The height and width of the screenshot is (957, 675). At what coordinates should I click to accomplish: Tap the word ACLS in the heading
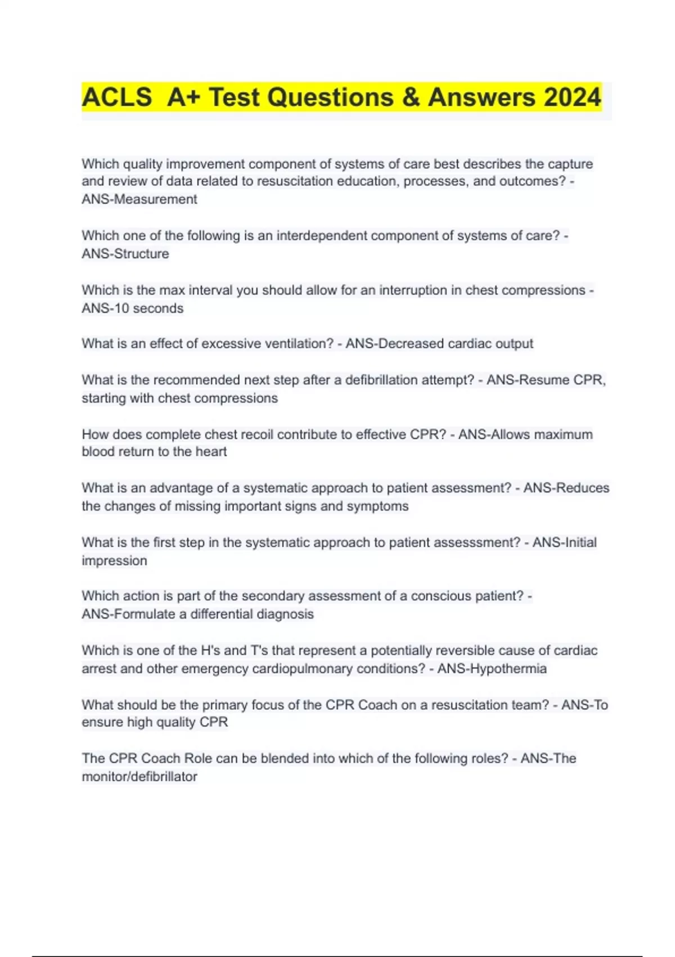click(x=117, y=97)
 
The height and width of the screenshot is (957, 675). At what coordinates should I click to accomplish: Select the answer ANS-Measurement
click(x=139, y=199)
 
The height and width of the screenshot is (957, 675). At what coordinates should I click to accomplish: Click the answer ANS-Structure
click(x=125, y=254)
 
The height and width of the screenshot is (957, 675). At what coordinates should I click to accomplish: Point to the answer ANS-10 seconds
click(x=133, y=308)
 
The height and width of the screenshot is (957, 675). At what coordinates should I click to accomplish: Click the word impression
click(x=114, y=561)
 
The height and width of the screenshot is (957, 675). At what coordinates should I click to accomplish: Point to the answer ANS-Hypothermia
click(x=492, y=669)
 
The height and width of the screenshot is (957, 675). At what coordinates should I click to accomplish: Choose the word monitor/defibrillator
click(x=139, y=777)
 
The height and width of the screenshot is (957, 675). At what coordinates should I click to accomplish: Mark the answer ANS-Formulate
click(x=129, y=614)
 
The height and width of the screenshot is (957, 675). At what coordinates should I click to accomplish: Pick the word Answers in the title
click(x=474, y=97)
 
